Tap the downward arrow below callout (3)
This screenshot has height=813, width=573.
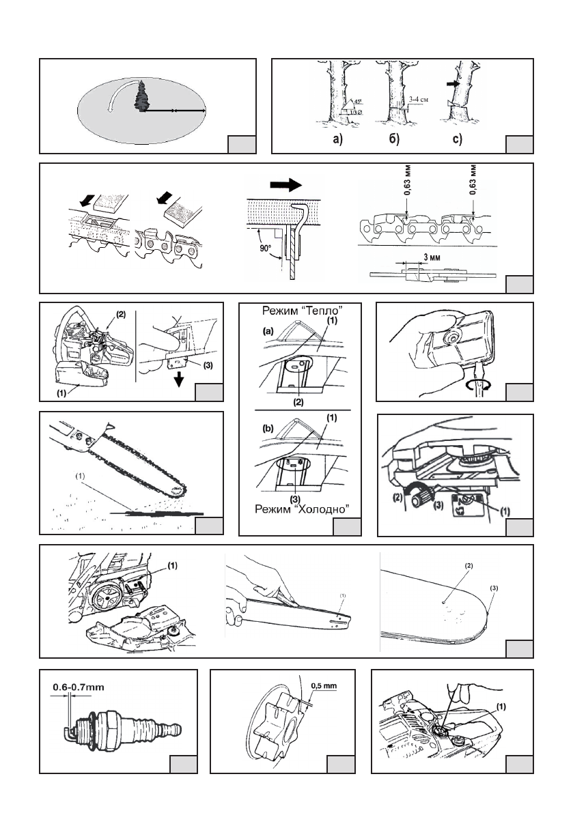click(180, 380)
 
